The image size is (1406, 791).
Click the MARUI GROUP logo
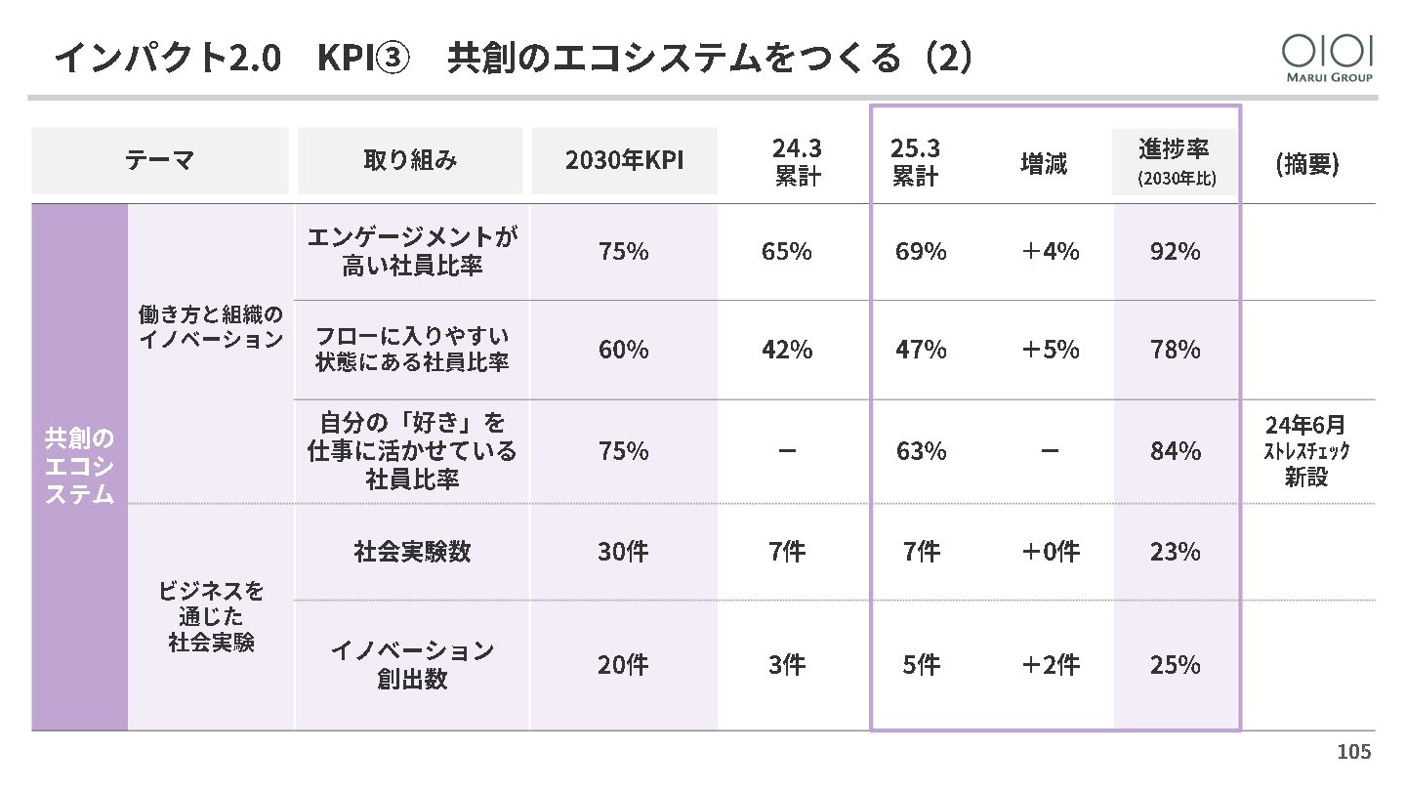coord(1327,58)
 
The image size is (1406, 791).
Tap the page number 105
coord(1353,752)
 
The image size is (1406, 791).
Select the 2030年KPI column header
coord(624,161)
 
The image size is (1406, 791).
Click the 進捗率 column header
coord(1175,161)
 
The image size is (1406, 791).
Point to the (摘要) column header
coord(1307,164)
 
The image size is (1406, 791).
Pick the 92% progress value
coord(1175,252)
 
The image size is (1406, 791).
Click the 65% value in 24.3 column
coord(786,252)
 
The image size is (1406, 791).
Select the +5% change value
coord(1050,350)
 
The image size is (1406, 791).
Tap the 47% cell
coord(921,350)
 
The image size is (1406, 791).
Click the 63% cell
coord(921,451)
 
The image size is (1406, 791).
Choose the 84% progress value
coord(1175,451)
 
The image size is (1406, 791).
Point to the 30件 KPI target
coord(623,552)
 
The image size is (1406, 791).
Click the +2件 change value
coord(1050,665)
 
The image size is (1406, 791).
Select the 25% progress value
coord(1175,665)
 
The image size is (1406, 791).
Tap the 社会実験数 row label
coord(412,552)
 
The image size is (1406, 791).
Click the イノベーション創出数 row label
coord(412,665)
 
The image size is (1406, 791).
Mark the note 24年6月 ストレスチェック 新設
coord(1306,451)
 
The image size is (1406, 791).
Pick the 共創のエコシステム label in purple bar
coord(79,466)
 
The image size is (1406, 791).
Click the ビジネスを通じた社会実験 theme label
coord(211,617)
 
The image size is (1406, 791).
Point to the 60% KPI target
coord(623,350)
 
